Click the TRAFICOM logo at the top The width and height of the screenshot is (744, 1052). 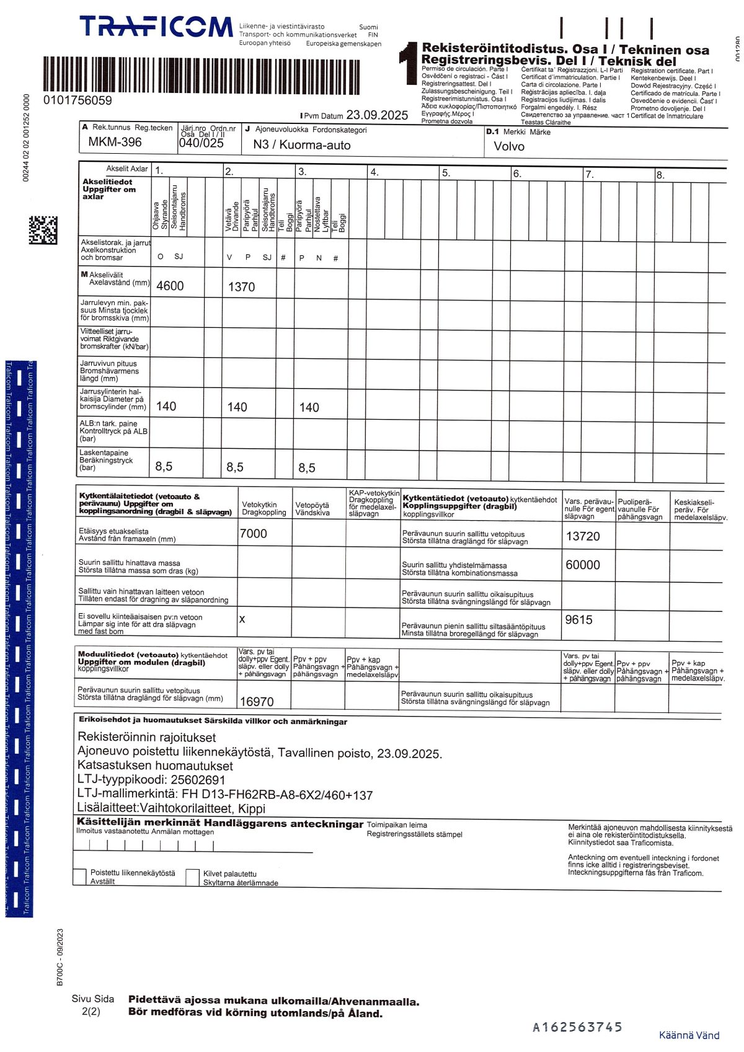pyautogui.click(x=156, y=27)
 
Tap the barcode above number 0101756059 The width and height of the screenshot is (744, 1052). pyautogui.click(x=201, y=75)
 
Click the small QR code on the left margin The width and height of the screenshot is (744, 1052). pyautogui.click(x=43, y=230)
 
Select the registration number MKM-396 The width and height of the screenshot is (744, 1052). pyautogui.click(x=115, y=142)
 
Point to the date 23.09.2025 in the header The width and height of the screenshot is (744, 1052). pyautogui.click(x=377, y=115)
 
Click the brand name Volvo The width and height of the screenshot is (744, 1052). pyautogui.click(x=509, y=146)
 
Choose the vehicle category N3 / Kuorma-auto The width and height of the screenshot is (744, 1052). pyautogui.click(x=302, y=145)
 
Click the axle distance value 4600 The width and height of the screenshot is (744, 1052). pyautogui.click(x=170, y=286)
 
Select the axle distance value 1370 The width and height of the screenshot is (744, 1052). pyautogui.click(x=241, y=287)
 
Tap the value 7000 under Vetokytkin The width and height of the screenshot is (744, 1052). pyautogui.click(x=254, y=534)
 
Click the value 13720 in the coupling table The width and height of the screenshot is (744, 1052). pyautogui.click(x=583, y=536)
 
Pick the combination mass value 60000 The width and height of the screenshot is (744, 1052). pyautogui.click(x=583, y=565)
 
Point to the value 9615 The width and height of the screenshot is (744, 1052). pyautogui.click(x=579, y=619)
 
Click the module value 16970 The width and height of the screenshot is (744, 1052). pyautogui.click(x=257, y=702)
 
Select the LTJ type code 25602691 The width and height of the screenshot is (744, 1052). pyautogui.click(x=198, y=780)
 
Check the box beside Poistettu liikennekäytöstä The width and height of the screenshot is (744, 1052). pyautogui.click(x=79, y=877)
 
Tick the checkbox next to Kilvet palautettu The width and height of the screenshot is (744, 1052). pyautogui.click(x=192, y=877)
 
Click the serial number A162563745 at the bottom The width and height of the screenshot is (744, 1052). pyautogui.click(x=577, y=1027)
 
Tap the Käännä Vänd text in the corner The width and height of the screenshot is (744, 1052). pyautogui.click(x=689, y=1035)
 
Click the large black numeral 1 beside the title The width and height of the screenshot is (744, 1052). pyautogui.click(x=409, y=63)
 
